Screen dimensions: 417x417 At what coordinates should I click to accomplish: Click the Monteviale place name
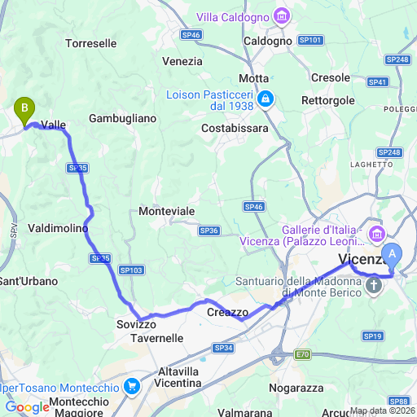click(167, 211)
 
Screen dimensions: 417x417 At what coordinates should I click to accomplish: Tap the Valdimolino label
click(58, 228)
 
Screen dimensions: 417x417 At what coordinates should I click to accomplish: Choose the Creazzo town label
click(227, 312)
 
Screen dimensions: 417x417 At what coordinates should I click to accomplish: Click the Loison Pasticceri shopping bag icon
click(265, 99)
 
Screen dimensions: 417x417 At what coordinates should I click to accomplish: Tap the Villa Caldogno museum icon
click(282, 15)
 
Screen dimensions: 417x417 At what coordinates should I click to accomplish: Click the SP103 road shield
click(131, 270)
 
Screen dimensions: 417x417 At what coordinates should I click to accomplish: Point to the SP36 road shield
click(209, 230)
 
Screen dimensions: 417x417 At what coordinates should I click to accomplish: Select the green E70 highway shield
click(303, 354)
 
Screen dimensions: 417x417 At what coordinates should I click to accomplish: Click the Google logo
click(27, 407)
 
